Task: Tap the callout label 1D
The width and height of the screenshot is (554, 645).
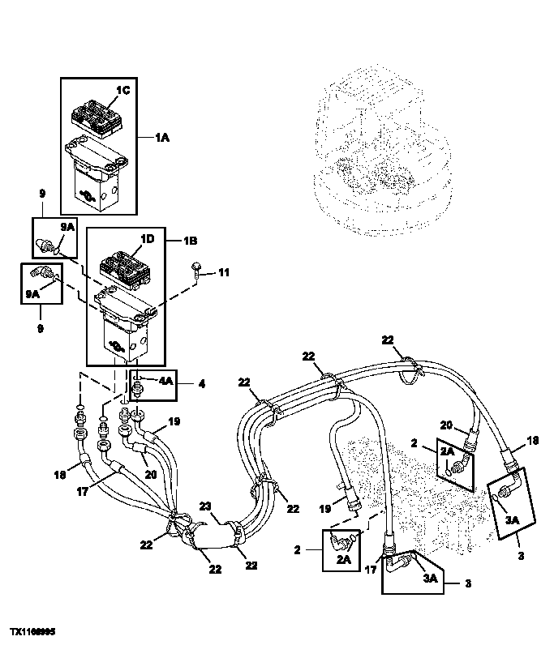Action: pyautogui.click(x=147, y=239)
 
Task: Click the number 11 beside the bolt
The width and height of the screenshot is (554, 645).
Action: pyautogui.click(x=224, y=273)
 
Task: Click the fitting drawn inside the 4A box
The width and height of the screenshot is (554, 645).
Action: pyautogui.click(x=138, y=387)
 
